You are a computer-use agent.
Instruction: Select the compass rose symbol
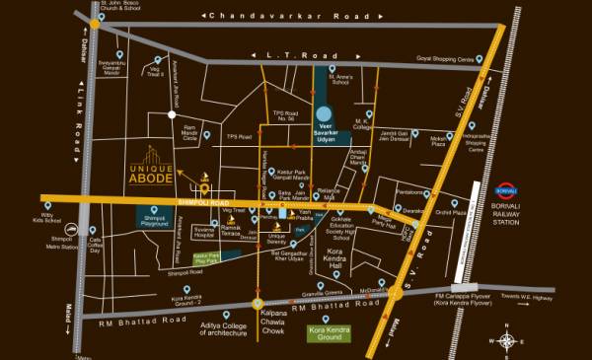point(507,340)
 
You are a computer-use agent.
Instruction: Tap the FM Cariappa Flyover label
point(467,296)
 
